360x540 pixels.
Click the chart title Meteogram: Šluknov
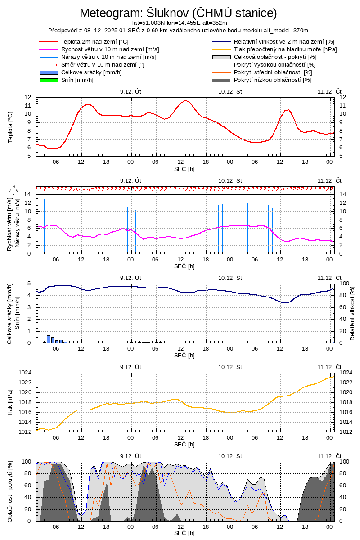[x=178, y=13]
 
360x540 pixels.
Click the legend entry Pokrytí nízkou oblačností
[x=273, y=80]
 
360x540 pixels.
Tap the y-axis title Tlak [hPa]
[x=10, y=402]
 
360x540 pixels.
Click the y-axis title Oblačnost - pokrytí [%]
[x=10, y=491]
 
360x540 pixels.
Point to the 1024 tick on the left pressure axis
[x=25, y=373]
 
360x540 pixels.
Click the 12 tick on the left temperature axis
[x=28, y=97]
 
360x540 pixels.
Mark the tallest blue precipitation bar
[x=49, y=339]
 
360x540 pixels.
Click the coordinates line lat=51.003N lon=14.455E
[x=180, y=22]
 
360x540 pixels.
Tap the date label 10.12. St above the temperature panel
[x=230, y=91]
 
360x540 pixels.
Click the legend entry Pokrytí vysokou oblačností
[x=275, y=65]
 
